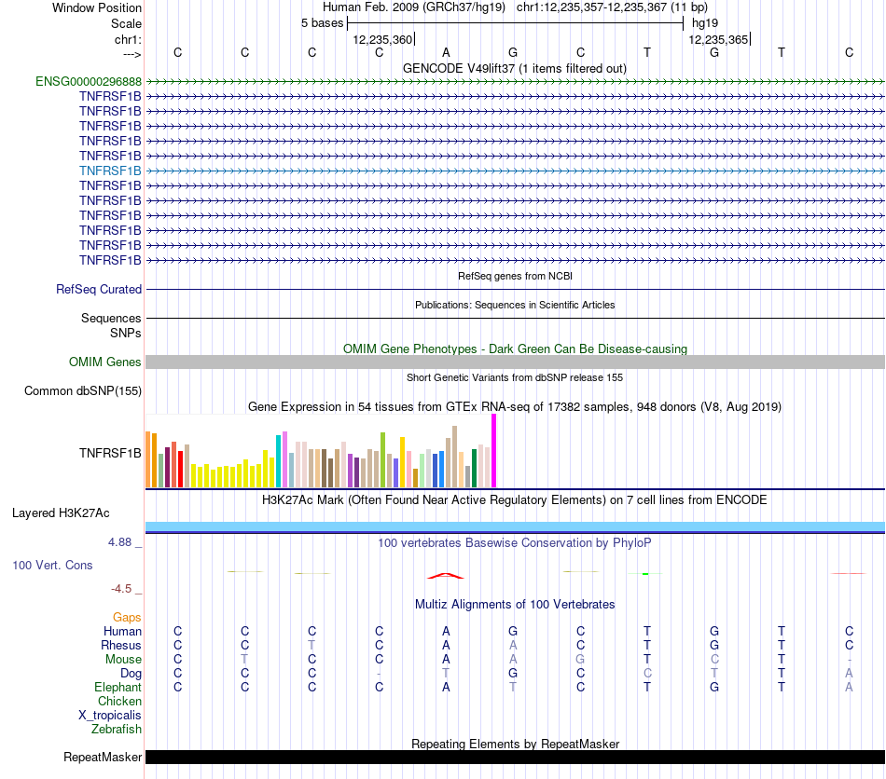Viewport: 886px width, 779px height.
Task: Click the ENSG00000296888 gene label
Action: (x=89, y=81)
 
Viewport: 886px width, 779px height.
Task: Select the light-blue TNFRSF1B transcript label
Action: (x=110, y=171)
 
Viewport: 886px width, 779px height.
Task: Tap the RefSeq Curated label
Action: (x=99, y=290)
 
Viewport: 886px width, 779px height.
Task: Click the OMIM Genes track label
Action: (x=105, y=362)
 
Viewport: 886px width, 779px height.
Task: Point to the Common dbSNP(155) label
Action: (x=82, y=391)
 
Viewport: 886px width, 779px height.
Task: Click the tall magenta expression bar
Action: (x=493, y=450)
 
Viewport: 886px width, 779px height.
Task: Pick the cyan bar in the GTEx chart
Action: (x=279, y=460)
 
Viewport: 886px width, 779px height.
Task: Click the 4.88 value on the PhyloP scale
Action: (x=124, y=540)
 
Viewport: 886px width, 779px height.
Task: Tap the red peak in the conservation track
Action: (x=446, y=575)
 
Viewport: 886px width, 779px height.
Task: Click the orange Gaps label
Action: (x=127, y=618)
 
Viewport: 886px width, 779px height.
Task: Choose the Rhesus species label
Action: (x=121, y=646)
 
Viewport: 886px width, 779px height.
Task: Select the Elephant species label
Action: (x=118, y=688)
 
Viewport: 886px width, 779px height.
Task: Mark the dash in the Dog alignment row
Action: (x=379, y=674)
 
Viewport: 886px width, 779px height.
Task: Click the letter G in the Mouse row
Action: (x=580, y=660)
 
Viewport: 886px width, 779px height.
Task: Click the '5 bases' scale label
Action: (x=322, y=23)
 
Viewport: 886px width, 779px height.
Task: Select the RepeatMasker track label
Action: (x=103, y=758)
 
